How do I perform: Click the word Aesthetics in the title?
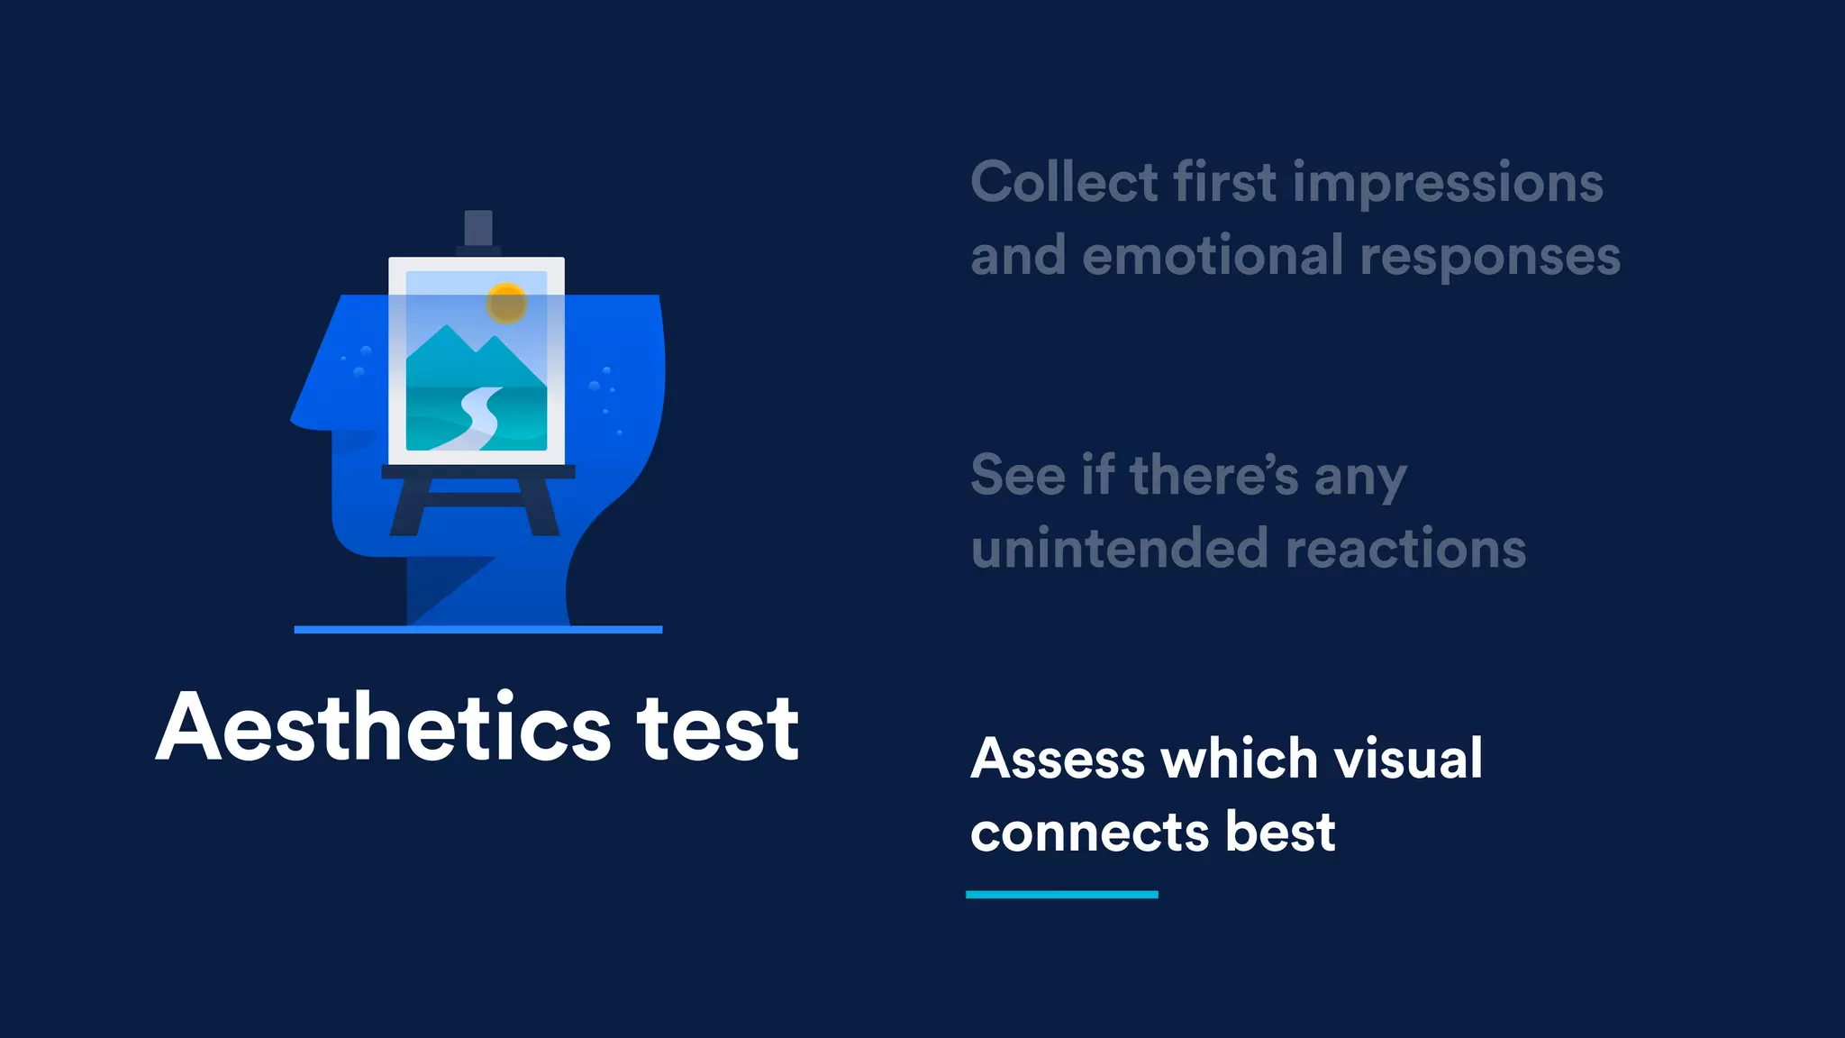coord(384,728)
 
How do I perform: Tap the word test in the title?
coord(718,730)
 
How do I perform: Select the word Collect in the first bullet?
coord(1064,183)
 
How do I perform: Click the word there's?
coord(1213,475)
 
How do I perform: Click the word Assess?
coord(1058,759)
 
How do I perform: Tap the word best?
coord(1280,832)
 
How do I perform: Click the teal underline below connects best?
coord(1061,895)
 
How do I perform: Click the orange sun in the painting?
coord(506,303)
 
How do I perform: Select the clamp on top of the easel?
coord(477,229)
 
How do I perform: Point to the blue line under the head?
coord(477,630)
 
